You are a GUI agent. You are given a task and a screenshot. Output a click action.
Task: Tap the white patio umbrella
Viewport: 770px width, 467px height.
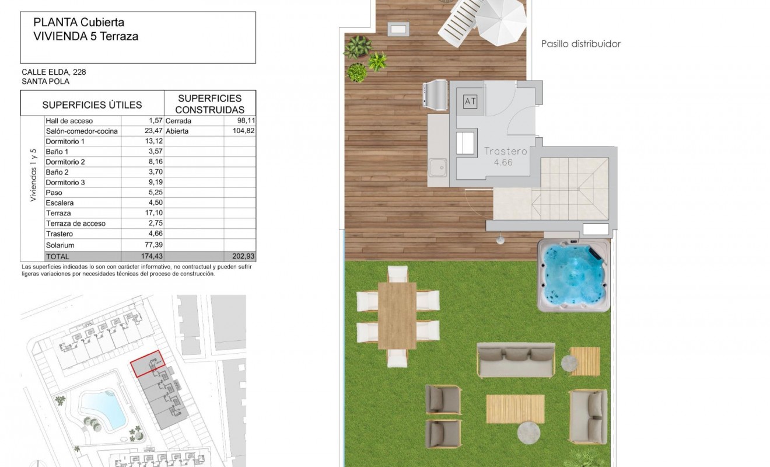click(501, 21)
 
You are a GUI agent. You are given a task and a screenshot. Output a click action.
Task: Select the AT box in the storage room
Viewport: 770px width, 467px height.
click(470, 102)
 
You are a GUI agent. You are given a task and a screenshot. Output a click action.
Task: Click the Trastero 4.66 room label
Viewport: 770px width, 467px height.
click(506, 156)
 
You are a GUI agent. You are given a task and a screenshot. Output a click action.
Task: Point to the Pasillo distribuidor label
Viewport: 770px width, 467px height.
click(580, 44)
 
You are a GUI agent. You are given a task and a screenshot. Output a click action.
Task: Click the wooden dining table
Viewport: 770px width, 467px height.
click(397, 316)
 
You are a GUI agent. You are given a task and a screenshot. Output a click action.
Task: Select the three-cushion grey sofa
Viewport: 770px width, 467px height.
click(515, 360)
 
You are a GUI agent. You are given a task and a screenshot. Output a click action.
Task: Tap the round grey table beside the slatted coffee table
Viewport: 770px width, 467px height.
click(529, 433)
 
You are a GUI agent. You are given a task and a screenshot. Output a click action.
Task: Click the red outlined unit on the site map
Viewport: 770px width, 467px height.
click(148, 363)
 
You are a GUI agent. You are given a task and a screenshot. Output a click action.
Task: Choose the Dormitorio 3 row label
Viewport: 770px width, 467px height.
click(65, 182)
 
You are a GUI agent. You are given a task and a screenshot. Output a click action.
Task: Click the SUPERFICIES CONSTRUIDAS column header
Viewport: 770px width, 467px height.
click(209, 104)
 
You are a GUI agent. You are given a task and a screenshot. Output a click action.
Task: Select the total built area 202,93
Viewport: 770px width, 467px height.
click(243, 256)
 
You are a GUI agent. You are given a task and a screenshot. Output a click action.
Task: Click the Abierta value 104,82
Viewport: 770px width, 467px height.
click(242, 131)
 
